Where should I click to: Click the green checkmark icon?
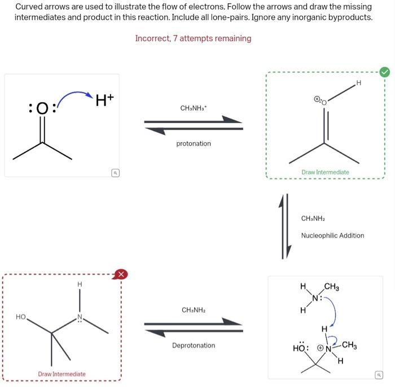385,72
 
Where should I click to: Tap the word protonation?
194,144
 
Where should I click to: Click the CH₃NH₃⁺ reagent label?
193,108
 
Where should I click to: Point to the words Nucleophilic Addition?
332,236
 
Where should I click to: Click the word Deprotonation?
194,345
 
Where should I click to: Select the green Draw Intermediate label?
325,172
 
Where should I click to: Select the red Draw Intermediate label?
62,374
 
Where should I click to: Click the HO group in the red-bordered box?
21,318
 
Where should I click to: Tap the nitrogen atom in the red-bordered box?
80,318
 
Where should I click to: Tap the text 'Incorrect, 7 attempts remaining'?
193,38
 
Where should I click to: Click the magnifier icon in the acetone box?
115,173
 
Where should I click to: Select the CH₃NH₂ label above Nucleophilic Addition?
314,218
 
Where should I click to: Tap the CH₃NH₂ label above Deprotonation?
193,310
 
